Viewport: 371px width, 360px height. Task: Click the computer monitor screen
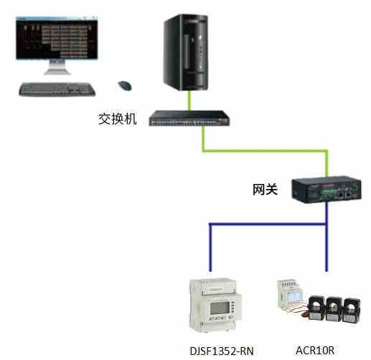(57, 38)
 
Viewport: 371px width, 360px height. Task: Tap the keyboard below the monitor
(57, 89)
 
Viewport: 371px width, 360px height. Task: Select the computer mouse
(125, 86)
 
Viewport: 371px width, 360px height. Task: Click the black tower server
(186, 52)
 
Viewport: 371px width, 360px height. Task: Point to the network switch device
(189, 118)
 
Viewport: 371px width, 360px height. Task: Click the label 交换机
(118, 119)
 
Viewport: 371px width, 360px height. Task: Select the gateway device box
(327, 190)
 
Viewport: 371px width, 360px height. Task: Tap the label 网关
(265, 190)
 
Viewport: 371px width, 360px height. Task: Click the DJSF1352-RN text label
(222, 351)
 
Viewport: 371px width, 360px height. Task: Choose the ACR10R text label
(315, 351)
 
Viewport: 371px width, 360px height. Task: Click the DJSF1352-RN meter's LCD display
(220, 308)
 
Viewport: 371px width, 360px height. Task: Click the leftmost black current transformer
(316, 308)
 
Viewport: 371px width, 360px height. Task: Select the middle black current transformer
(334, 309)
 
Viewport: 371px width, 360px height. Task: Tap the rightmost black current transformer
(352, 310)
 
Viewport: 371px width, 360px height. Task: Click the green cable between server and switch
(189, 101)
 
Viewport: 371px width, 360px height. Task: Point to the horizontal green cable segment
(265, 151)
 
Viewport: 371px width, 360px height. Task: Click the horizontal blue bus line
(268, 224)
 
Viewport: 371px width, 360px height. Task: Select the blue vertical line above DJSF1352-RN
(210, 247)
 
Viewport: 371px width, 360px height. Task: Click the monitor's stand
(57, 68)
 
